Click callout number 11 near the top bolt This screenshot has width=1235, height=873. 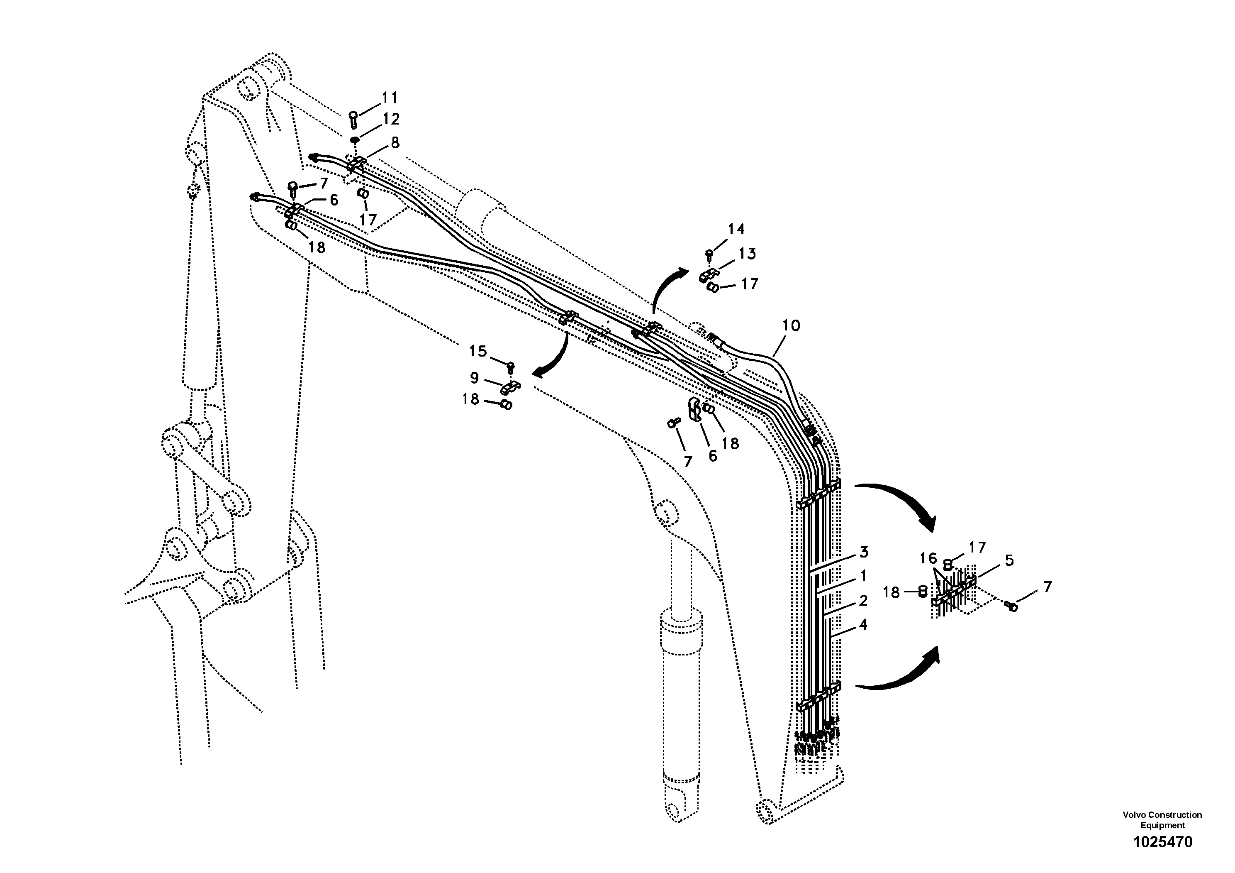pyautogui.click(x=390, y=98)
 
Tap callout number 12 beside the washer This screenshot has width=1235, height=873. pyautogui.click(x=391, y=119)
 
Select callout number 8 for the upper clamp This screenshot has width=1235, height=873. pyautogui.click(x=395, y=143)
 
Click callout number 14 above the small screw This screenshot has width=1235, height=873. pyautogui.click(x=736, y=229)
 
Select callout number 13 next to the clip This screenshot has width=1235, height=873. pyautogui.click(x=747, y=254)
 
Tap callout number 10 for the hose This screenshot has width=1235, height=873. pyautogui.click(x=791, y=325)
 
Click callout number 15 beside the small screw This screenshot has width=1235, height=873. pyautogui.click(x=477, y=352)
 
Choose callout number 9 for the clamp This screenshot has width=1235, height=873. pyautogui.click(x=475, y=378)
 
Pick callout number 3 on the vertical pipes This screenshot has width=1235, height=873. pyautogui.click(x=864, y=552)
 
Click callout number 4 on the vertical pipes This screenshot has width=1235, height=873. pyautogui.click(x=863, y=625)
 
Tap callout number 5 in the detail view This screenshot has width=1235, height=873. pyautogui.click(x=1009, y=560)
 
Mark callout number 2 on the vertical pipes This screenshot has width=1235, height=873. pyautogui.click(x=863, y=600)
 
